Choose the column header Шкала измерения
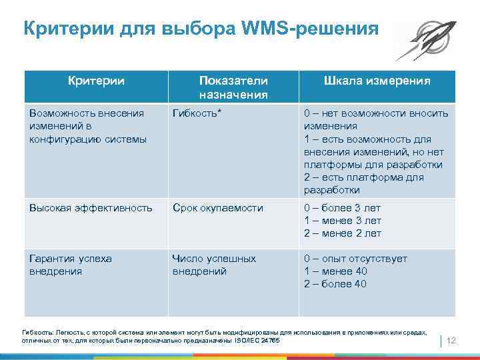377,81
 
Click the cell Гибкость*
197,113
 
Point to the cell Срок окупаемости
217,208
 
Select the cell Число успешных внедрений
213,265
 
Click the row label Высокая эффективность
91,208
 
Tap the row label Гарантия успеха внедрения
70,265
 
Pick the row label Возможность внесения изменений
87,126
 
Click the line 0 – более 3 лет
343,208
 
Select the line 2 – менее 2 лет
343,233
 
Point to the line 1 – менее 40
335,271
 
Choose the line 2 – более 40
335,284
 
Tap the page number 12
450,341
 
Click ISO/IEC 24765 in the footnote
258,341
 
